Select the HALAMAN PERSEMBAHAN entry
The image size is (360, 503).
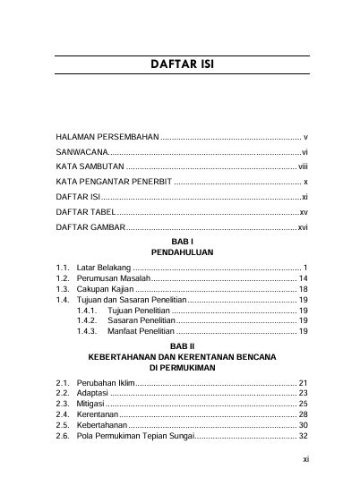point(107,139)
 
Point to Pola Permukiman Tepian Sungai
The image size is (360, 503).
point(133,436)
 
